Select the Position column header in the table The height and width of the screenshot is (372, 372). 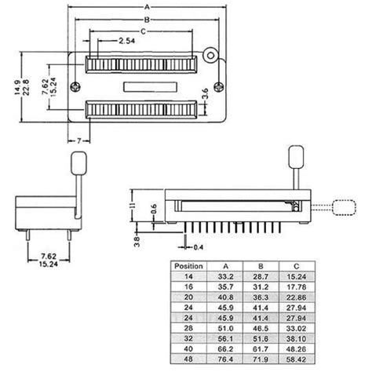click(188, 265)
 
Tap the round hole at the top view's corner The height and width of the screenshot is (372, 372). click(211, 56)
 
